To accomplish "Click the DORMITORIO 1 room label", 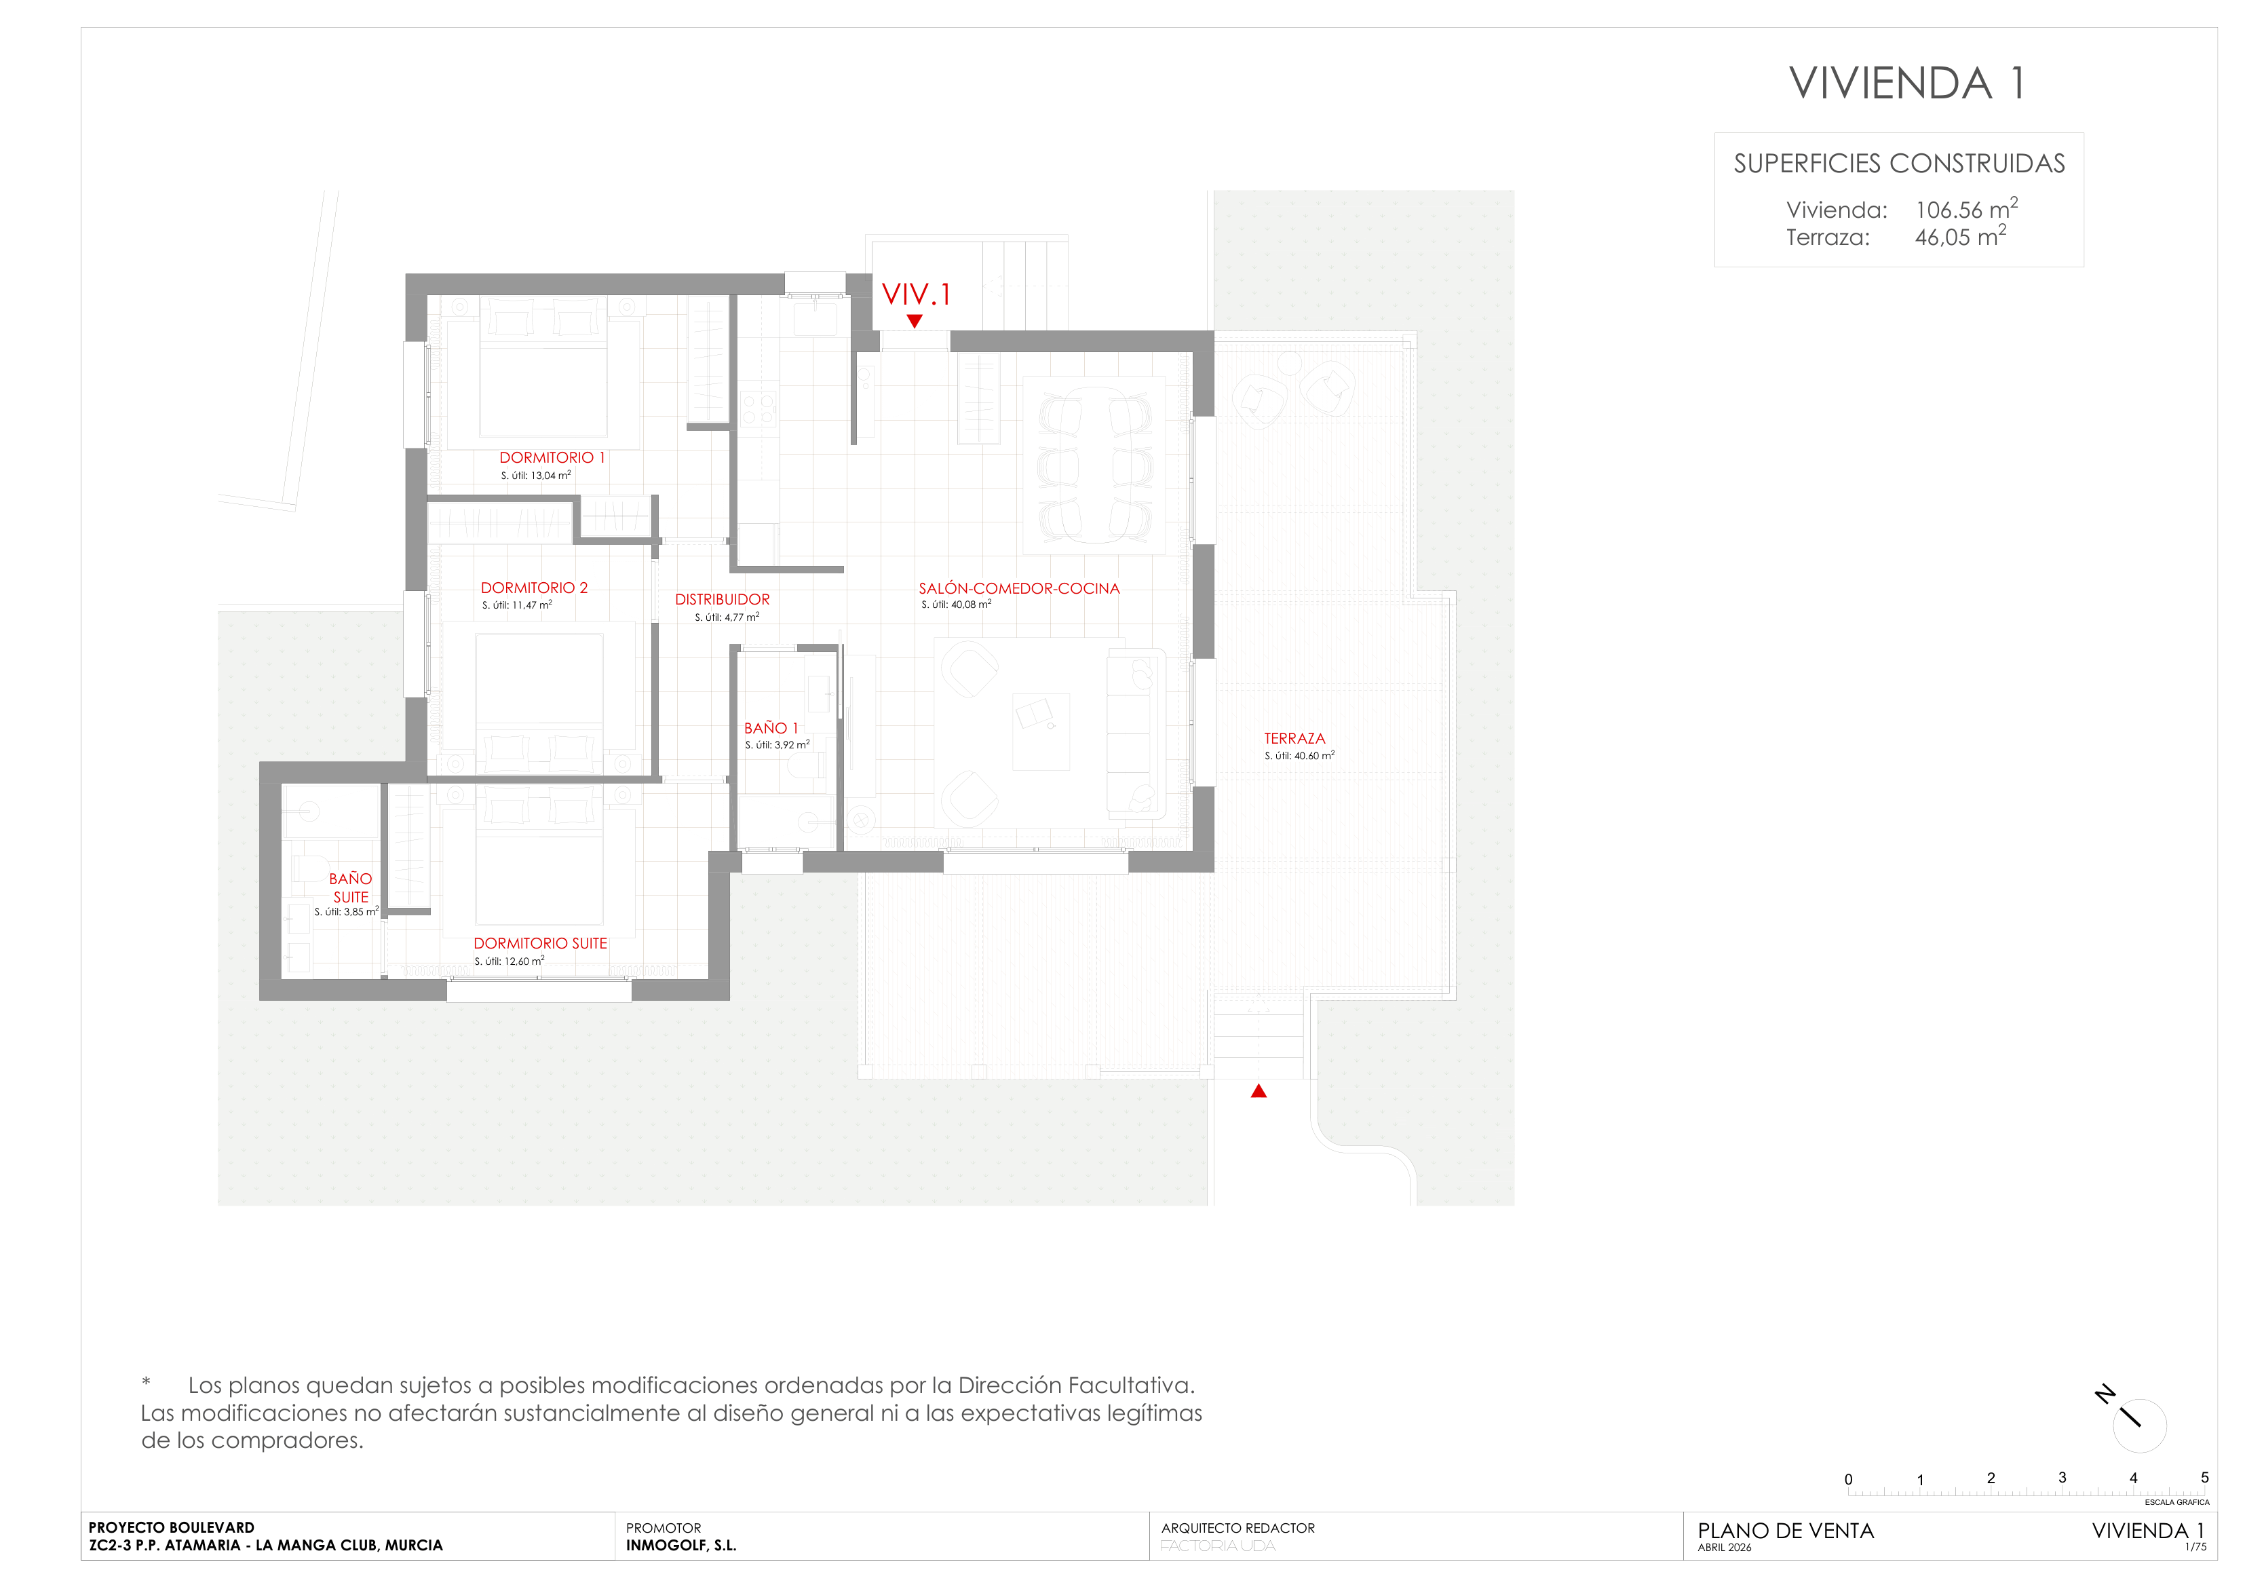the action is tap(552, 457).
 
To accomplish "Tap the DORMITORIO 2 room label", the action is tap(534, 588).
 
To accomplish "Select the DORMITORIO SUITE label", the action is tap(541, 944).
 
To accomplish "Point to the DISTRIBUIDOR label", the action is tap(723, 599).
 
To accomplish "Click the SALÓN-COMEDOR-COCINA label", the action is tap(1019, 589).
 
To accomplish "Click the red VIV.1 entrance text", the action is tap(916, 294).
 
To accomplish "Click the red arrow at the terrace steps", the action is tap(1259, 1091).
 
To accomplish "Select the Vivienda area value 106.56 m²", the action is tap(1966, 208).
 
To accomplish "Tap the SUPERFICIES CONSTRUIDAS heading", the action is tap(1899, 164).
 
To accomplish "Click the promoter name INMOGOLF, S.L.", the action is tap(682, 1546).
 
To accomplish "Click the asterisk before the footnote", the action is tap(146, 1381).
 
